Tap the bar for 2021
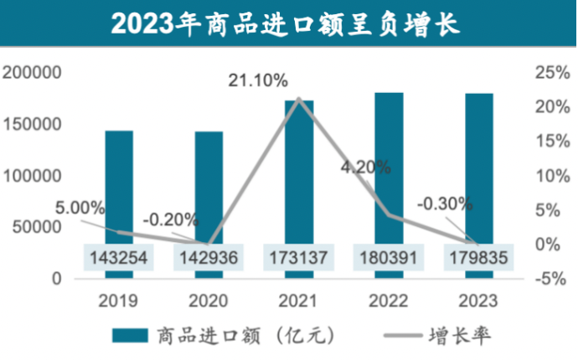coord(298,176)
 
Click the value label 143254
coord(119,258)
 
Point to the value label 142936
coord(209,258)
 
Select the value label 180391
coord(389,258)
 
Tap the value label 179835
coord(479,258)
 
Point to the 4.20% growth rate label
coord(365,166)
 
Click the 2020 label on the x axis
coord(209,300)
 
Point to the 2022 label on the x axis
coord(389,300)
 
